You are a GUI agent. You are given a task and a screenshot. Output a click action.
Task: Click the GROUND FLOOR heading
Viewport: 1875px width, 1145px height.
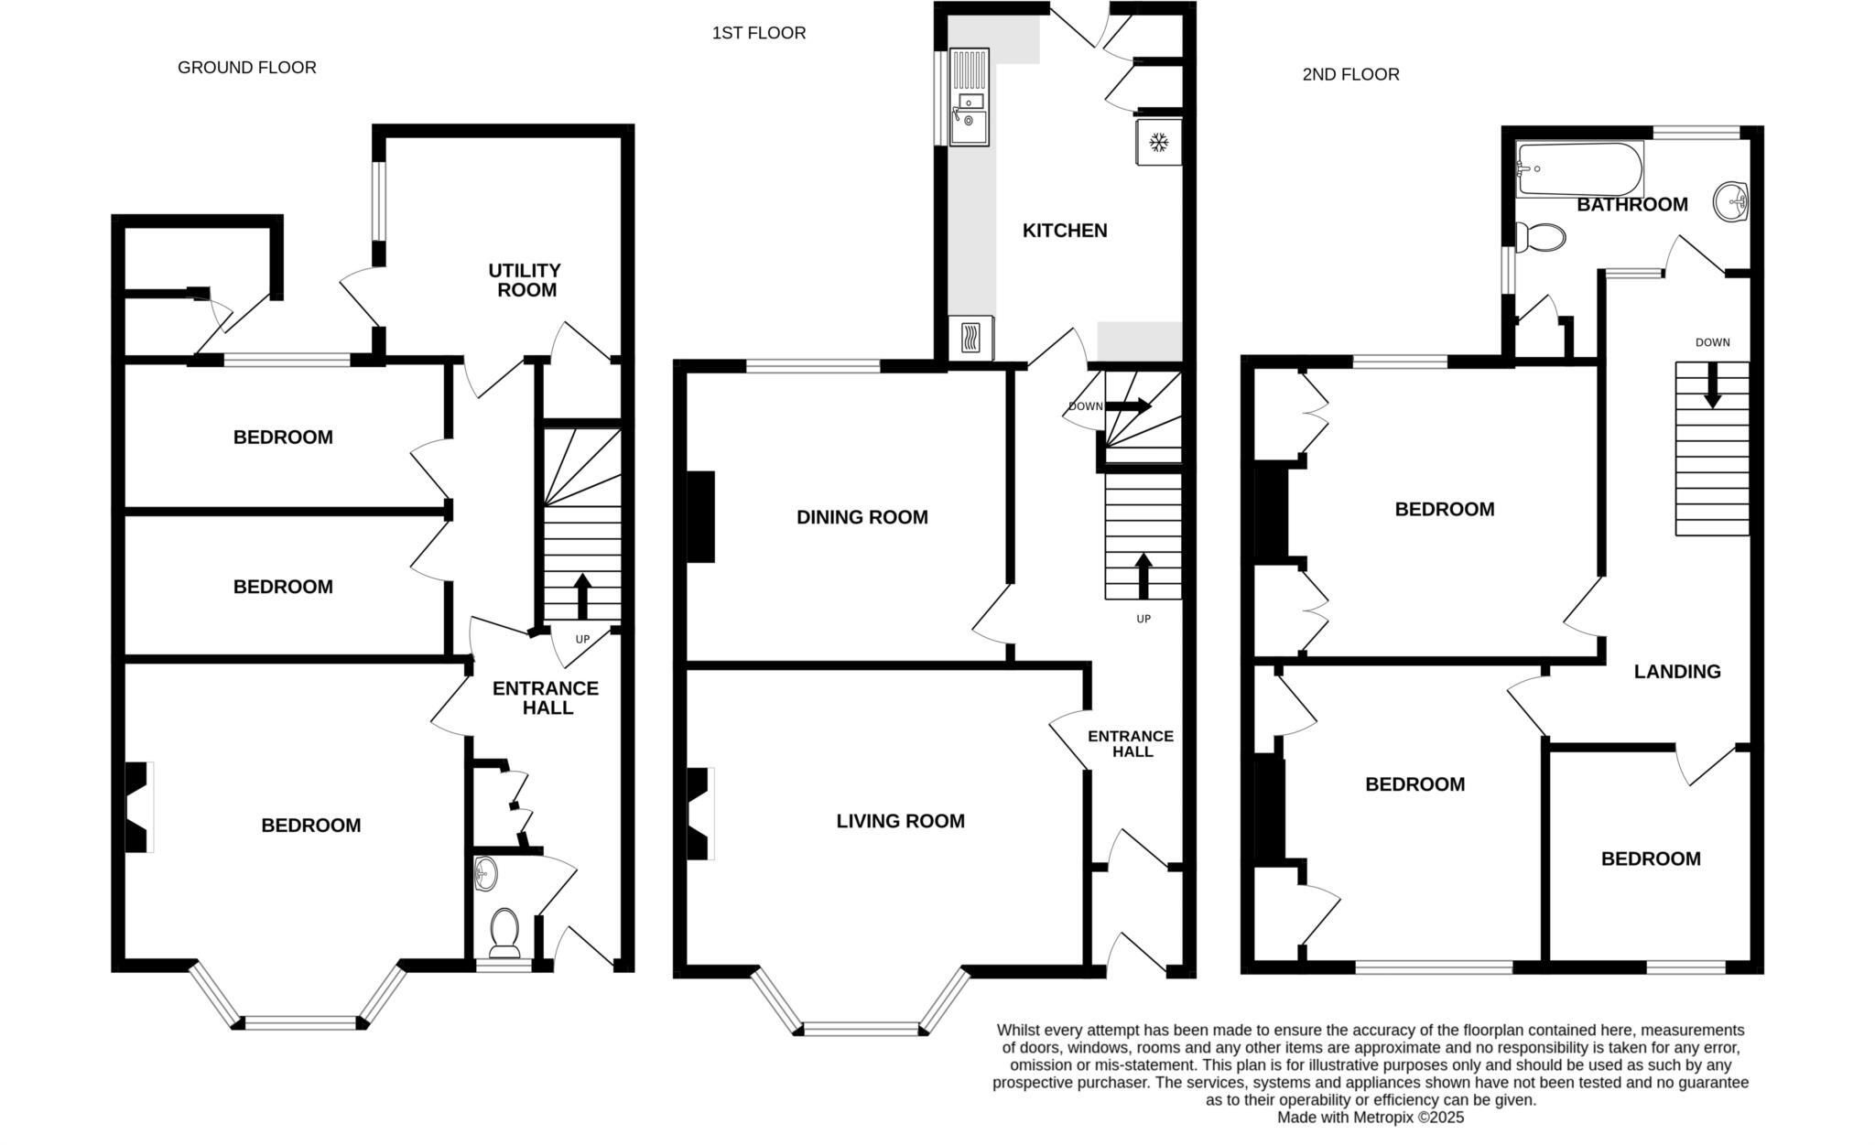246,68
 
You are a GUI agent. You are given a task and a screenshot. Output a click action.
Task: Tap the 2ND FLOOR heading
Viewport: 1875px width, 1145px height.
1350,75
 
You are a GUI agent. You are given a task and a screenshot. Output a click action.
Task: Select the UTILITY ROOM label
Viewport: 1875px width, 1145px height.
525,280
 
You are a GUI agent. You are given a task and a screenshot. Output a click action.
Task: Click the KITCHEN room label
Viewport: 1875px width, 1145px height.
1065,231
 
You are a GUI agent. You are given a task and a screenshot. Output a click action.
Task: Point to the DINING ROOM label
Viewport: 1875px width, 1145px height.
862,517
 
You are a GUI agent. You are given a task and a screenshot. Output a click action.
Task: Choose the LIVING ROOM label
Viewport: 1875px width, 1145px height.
900,821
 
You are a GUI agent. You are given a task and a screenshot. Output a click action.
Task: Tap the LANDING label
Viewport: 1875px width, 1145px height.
1677,672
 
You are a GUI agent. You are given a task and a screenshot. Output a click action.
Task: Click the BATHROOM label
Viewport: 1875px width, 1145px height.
1631,205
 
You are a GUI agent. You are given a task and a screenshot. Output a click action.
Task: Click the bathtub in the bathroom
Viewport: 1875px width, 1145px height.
1579,168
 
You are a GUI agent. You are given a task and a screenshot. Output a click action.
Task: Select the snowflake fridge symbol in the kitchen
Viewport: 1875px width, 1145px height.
1158,143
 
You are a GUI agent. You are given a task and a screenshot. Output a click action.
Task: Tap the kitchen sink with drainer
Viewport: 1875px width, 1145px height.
969,96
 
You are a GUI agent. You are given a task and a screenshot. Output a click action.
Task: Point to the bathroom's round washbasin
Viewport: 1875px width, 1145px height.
1730,200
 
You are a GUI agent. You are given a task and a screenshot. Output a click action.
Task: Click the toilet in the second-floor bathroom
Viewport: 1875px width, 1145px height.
1541,237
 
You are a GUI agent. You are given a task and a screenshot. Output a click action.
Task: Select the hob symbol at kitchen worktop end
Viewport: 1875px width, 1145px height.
971,340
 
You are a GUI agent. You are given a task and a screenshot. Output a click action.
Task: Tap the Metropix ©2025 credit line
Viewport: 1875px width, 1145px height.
1371,1118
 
